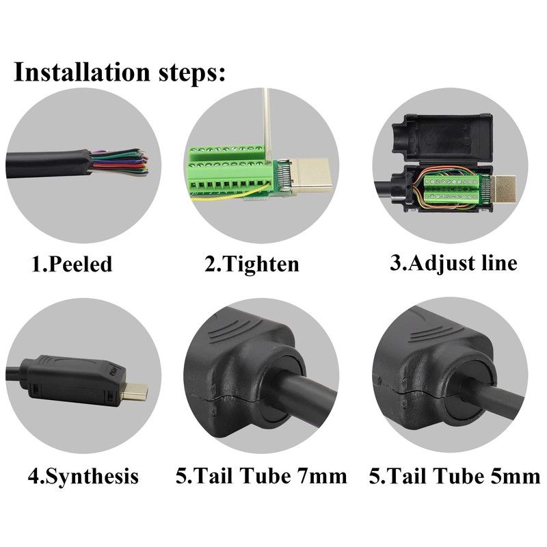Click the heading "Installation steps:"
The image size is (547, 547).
[120, 72]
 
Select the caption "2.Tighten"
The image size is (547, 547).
[252, 264]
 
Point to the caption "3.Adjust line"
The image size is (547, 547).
[453, 263]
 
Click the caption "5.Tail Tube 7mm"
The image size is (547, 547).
[261, 475]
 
